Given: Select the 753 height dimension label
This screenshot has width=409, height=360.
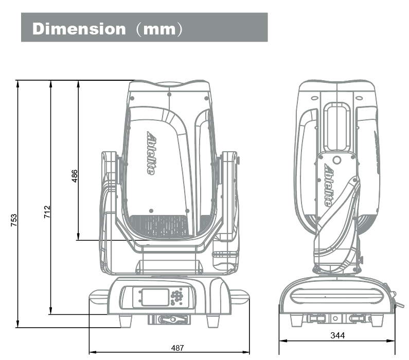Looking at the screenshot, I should pyautogui.click(x=14, y=220).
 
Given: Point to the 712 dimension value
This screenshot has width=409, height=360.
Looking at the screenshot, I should pyautogui.click(x=47, y=211).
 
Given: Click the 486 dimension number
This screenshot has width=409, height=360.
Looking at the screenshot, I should pyautogui.click(x=75, y=176).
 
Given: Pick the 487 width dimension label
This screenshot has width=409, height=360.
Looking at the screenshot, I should pyautogui.click(x=177, y=348).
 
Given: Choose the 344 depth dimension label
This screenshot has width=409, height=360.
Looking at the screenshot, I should pyautogui.click(x=337, y=336).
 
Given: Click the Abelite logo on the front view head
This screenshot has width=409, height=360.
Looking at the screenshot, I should pyautogui.click(x=150, y=152).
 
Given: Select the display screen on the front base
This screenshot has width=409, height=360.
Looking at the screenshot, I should pyautogui.click(x=155, y=297).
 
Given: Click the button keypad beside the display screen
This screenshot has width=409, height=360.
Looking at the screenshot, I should pyautogui.click(x=177, y=296).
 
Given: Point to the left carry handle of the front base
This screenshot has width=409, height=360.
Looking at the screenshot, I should pyautogui.click(x=98, y=295).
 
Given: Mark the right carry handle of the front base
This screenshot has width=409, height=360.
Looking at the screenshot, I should pyautogui.click(x=240, y=295).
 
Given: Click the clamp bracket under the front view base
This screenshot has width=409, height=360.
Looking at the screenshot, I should pyautogui.click(x=169, y=319).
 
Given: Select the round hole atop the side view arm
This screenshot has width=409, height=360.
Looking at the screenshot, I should pyautogui.click(x=337, y=160).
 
